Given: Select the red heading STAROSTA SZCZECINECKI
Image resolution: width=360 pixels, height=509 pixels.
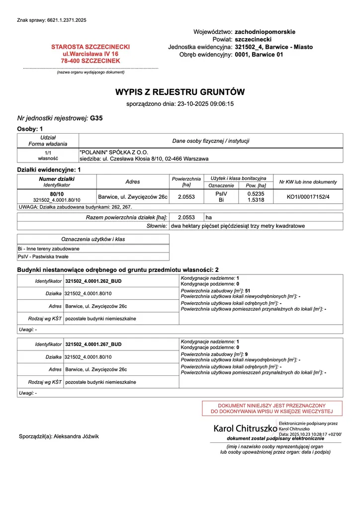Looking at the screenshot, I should (x=90, y=47).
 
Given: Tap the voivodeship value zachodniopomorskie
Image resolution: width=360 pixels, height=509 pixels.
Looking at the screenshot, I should (x=265, y=32).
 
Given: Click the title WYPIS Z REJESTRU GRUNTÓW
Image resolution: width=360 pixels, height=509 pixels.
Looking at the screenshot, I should (x=180, y=92).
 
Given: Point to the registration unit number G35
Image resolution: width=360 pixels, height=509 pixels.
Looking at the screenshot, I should (x=96, y=118).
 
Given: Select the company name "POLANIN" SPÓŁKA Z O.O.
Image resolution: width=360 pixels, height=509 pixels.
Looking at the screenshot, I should (x=114, y=152).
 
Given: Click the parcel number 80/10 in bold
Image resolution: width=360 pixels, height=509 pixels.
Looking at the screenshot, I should (x=57, y=193).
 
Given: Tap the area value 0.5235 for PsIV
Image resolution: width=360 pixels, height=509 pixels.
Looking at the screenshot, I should (x=256, y=193).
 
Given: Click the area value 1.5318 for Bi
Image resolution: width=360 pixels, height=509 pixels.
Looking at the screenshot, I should (x=256, y=200).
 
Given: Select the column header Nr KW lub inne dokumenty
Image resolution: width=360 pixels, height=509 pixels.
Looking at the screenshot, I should (x=308, y=182).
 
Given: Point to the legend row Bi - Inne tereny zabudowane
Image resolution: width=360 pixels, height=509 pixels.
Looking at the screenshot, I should (x=49, y=249).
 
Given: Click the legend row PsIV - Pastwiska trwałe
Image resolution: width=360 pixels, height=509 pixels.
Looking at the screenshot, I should (x=43, y=256).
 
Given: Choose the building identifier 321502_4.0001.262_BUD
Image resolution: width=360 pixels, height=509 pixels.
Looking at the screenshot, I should (x=93, y=281).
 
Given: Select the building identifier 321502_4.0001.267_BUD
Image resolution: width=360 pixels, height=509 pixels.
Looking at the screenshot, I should (x=93, y=344).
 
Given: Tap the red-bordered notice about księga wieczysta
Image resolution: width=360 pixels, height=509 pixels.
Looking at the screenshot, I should (x=272, y=408).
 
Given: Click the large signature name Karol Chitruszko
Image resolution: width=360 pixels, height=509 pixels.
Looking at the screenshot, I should (x=245, y=428).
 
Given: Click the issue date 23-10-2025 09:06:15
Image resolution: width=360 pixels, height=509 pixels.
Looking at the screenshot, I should (x=205, y=104).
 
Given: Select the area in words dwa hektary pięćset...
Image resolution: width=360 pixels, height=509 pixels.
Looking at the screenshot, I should (x=238, y=226).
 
